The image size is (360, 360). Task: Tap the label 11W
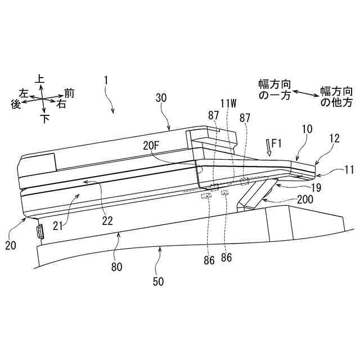click(229, 103)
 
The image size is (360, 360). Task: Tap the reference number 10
click(307, 129)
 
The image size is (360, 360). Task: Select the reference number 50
click(159, 281)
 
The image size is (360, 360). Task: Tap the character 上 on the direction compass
click(40, 79)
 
